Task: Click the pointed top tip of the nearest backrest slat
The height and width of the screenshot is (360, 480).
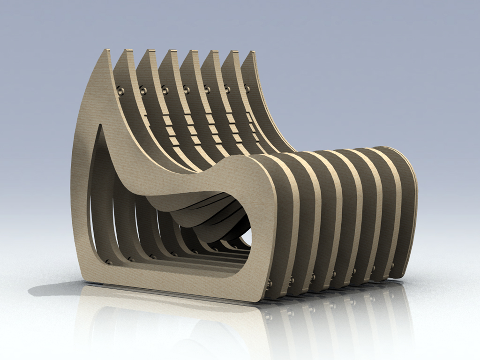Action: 107,51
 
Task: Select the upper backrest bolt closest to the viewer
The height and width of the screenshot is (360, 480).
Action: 121,90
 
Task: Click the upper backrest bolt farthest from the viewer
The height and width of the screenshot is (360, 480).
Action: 247,89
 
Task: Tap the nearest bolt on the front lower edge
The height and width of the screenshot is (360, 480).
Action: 270,284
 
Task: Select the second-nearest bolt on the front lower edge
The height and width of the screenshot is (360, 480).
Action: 292,280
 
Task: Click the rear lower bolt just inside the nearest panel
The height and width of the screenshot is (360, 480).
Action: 109,262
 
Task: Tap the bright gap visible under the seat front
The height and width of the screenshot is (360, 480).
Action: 247,237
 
